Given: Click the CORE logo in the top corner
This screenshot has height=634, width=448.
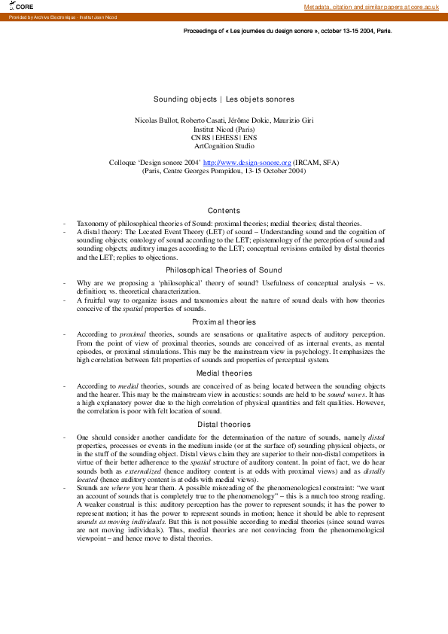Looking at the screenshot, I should [22, 6].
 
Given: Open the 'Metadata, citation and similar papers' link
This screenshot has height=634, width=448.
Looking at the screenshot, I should [371, 6].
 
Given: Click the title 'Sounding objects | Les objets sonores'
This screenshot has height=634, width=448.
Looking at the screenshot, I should [224, 99].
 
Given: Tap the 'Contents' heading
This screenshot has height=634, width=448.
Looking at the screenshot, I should [224, 211].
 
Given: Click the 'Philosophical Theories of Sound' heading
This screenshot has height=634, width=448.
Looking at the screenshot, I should [224, 270].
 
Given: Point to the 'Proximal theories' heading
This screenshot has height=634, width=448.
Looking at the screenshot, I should [224, 322].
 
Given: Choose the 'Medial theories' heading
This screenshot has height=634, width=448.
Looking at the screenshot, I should [224, 373].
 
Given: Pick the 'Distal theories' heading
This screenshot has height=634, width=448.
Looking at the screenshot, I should [224, 425].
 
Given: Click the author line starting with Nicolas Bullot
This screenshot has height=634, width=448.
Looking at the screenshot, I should [224, 120].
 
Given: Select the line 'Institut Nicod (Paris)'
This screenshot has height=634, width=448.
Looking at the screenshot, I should [224, 129].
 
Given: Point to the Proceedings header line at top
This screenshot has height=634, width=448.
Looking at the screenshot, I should [288, 32].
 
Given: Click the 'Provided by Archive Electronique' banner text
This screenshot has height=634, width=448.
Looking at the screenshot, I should [52, 17].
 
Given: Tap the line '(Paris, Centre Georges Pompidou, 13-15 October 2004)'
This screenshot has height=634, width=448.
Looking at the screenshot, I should [224, 170].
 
